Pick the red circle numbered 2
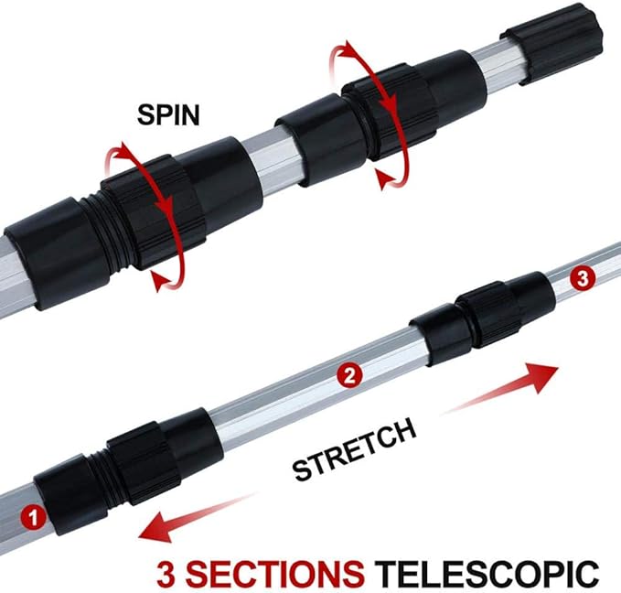347,373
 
